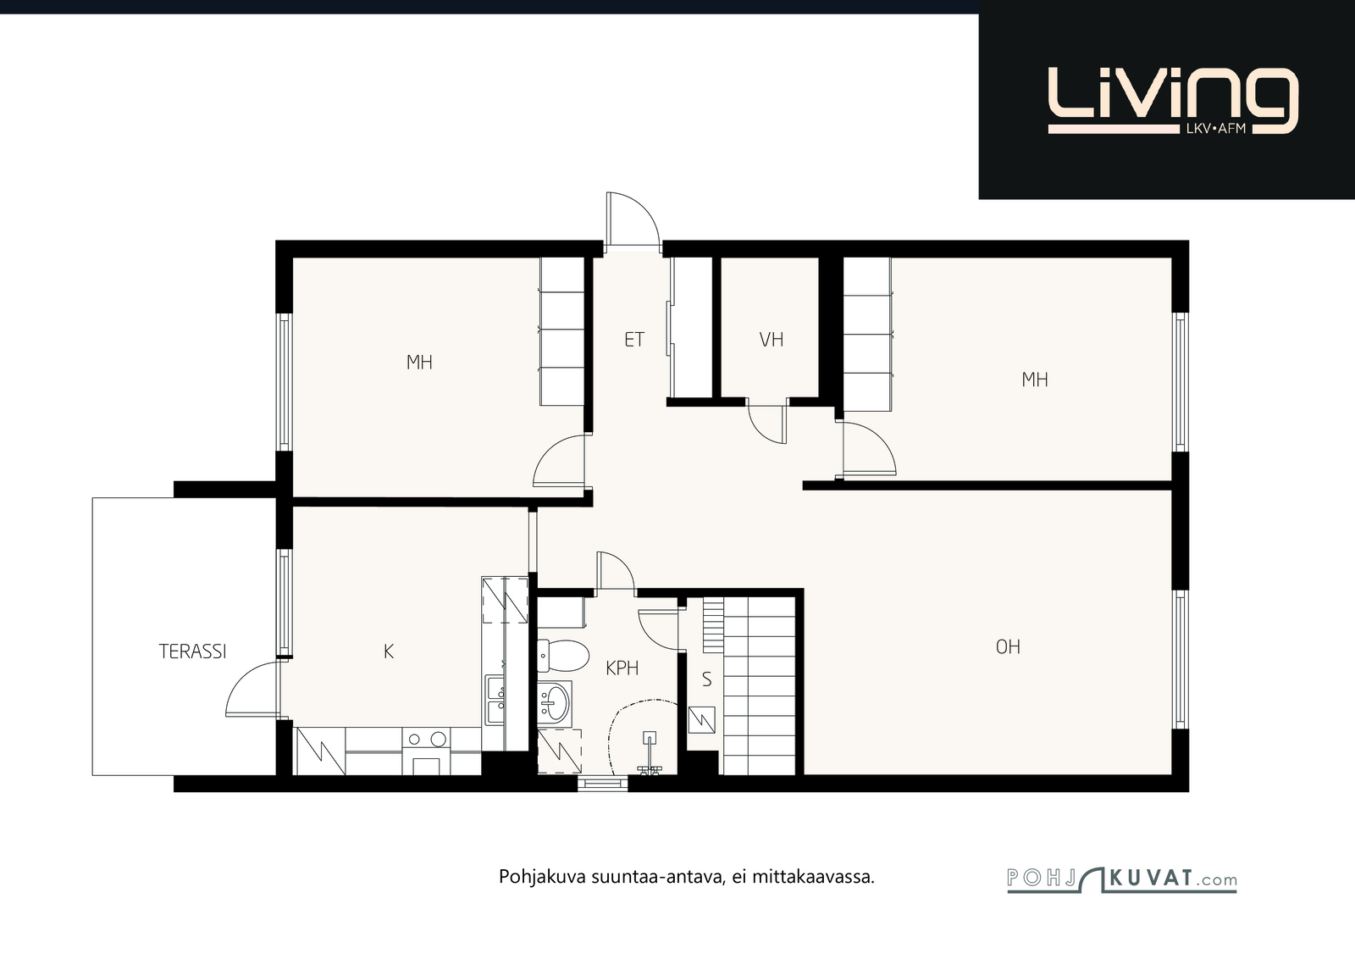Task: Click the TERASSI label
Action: [192, 651]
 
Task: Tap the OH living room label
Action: [1008, 646]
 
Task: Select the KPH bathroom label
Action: [622, 668]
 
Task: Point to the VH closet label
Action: [772, 340]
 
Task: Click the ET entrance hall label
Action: [634, 340]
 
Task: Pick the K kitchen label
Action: [389, 651]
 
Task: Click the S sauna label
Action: [706, 679]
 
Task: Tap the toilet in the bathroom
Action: [563, 656]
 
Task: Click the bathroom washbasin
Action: [554, 703]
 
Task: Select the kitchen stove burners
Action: [427, 739]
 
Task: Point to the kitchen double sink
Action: [496, 701]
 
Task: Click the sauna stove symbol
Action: [702, 720]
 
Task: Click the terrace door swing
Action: [253, 689]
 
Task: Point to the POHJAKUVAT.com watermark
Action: [1121, 879]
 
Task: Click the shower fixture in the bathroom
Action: [650, 754]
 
